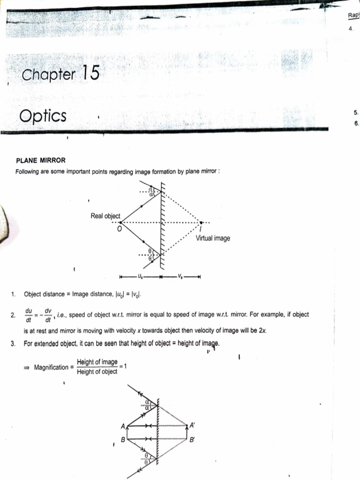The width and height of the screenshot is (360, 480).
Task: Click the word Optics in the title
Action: click(x=44, y=116)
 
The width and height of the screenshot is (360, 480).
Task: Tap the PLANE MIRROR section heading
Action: click(x=41, y=160)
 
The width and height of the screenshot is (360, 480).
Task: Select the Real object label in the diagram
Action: click(x=105, y=216)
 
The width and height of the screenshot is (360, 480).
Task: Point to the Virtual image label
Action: click(x=213, y=238)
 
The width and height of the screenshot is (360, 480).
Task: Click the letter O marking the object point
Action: click(x=119, y=228)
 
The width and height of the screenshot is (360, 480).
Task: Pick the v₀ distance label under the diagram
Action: click(x=181, y=276)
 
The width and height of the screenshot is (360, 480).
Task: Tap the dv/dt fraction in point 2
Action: click(x=48, y=315)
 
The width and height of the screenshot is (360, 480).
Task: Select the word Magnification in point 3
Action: click(x=52, y=367)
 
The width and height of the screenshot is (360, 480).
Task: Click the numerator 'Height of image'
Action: click(x=97, y=362)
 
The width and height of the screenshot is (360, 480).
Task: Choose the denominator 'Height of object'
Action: click(x=97, y=373)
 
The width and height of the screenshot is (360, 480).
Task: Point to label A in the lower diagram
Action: click(x=123, y=427)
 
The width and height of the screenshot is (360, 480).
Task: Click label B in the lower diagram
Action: click(x=123, y=440)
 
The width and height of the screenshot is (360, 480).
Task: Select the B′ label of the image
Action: click(x=192, y=440)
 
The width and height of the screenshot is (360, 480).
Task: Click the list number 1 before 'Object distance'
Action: click(x=13, y=295)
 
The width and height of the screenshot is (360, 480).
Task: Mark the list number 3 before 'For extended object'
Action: click(x=13, y=344)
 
